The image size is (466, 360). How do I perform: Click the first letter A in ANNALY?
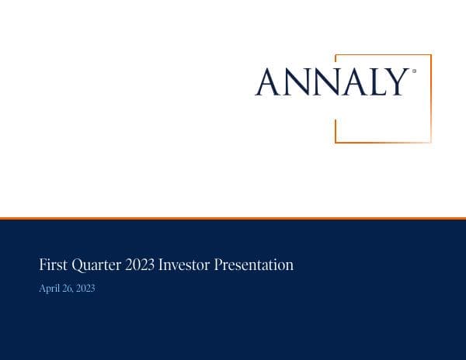point(268,82)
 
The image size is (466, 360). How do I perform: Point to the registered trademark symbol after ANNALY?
point(414,71)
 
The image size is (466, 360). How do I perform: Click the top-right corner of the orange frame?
point(430,55)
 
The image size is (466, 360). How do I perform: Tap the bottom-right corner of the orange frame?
point(430,142)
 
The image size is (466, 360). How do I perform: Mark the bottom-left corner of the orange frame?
point(336,142)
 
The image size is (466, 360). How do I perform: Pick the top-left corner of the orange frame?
point(336,55)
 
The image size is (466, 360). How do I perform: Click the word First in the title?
point(53,265)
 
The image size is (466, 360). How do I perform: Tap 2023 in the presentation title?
point(140,265)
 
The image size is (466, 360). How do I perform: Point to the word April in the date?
point(48,289)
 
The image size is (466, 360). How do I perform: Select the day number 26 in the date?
point(66,289)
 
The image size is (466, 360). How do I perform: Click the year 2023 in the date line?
point(85,289)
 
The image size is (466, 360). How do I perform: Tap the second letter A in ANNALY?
point(347,82)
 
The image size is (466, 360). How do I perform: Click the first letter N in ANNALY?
point(295,82)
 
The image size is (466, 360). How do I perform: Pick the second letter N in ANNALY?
point(322,82)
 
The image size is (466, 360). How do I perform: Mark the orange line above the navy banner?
point(233,218)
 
